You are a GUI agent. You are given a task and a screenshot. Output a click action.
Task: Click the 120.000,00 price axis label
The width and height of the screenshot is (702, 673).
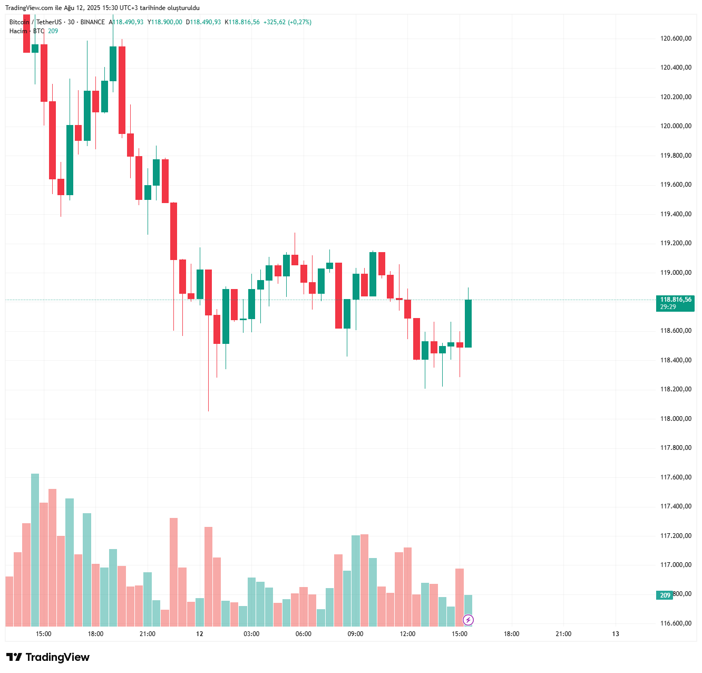(x=676, y=126)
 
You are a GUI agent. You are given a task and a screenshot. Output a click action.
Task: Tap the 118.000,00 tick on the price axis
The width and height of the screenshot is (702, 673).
(x=676, y=419)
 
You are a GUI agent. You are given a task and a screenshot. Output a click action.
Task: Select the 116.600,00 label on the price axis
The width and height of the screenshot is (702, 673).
(x=676, y=623)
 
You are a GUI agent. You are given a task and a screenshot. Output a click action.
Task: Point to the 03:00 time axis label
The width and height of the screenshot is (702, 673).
(x=251, y=634)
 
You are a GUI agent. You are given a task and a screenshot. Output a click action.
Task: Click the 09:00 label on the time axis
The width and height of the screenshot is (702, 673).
(x=355, y=634)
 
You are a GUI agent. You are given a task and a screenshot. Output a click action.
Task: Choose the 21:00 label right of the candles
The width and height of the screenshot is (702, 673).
(x=563, y=634)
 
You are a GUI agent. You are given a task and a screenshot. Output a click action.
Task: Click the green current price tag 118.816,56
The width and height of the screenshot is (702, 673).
(x=676, y=300)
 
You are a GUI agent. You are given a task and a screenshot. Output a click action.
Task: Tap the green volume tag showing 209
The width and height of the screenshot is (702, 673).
(x=665, y=595)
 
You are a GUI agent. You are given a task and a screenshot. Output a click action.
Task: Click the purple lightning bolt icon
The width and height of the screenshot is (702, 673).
(x=468, y=620)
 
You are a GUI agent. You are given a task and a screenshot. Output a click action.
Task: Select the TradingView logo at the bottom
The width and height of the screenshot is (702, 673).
(x=48, y=657)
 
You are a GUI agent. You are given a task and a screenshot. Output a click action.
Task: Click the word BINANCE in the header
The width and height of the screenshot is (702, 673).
(x=93, y=22)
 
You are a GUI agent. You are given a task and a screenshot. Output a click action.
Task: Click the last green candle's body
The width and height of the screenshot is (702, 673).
(x=468, y=323)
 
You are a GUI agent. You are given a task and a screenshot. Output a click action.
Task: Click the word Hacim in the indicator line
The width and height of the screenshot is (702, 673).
(x=18, y=31)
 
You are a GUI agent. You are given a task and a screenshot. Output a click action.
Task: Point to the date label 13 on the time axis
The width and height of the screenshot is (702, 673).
(x=616, y=634)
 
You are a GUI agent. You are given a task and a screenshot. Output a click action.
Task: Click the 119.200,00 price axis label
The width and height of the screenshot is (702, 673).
(x=676, y=243)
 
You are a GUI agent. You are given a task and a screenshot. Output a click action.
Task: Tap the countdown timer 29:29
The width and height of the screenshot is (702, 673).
(x=668, y=307)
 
